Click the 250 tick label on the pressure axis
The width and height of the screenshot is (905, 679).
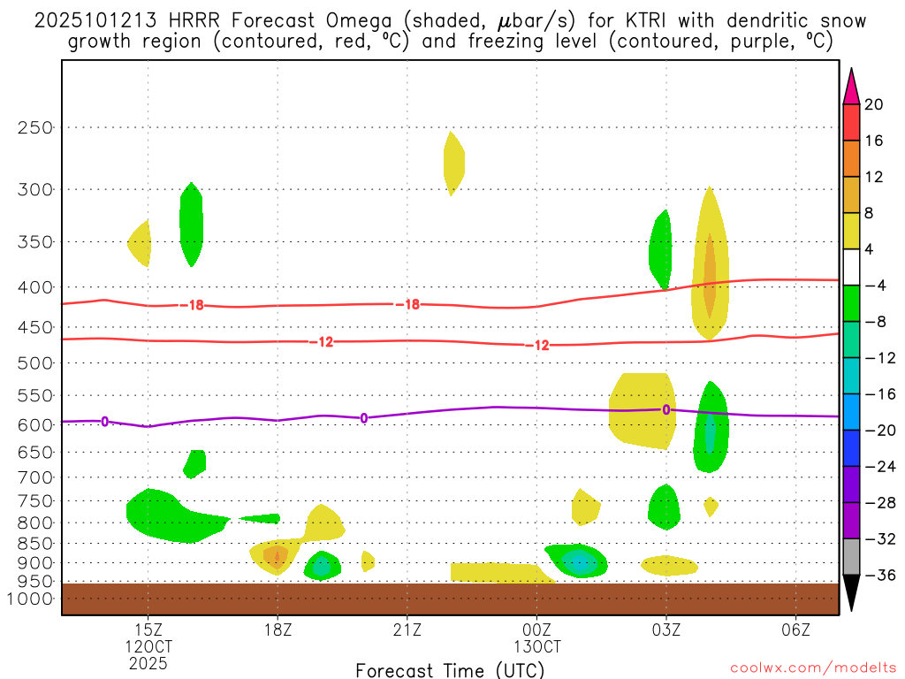point(34,127)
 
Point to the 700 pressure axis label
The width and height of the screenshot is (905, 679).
point(34,477)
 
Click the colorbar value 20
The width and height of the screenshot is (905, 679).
point(874,104)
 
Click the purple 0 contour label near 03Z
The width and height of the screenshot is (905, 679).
point(666,409)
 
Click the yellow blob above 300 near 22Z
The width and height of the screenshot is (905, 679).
point(453,163)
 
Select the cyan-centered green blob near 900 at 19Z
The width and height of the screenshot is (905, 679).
point(321,565)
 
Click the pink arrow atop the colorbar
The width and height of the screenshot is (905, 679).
point(851,87)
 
